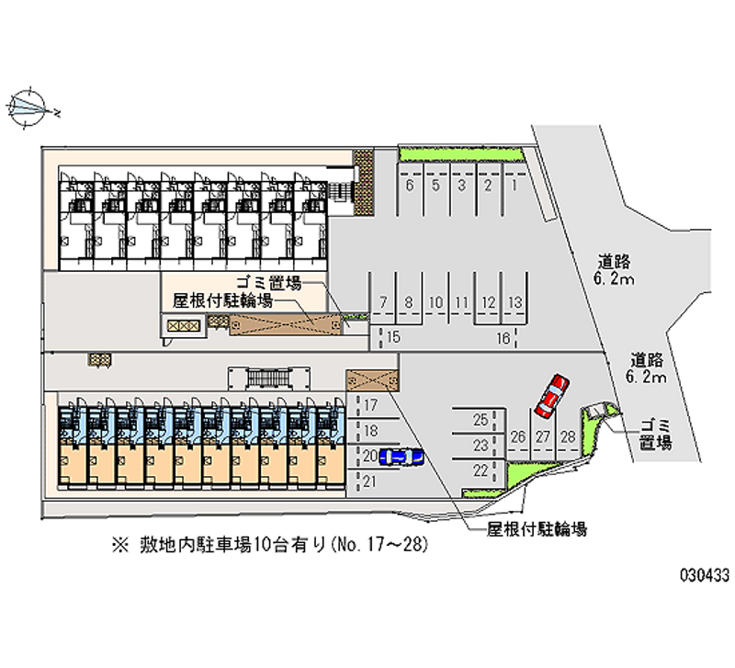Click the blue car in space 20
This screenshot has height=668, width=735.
click(401, 456)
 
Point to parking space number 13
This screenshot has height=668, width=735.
click(516, 302)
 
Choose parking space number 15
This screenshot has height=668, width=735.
click(394, 337)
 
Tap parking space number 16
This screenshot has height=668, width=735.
click(503, 337)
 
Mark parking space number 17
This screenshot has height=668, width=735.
click(371, 405)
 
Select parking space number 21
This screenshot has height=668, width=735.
click(371, 481)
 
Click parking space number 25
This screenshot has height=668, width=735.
click(480, 421)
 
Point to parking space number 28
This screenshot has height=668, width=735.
click(568, 436)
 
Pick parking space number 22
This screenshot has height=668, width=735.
click(480, 470)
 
